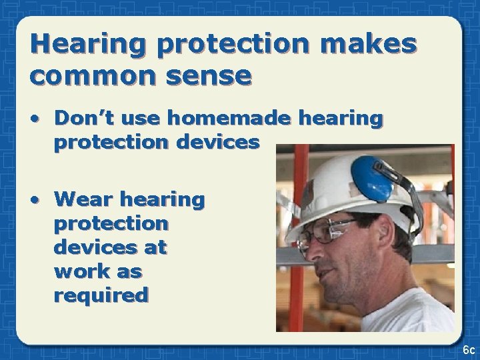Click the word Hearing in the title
point(89,44)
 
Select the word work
point(75,271)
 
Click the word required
point(101,295)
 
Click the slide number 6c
point(468,349)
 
